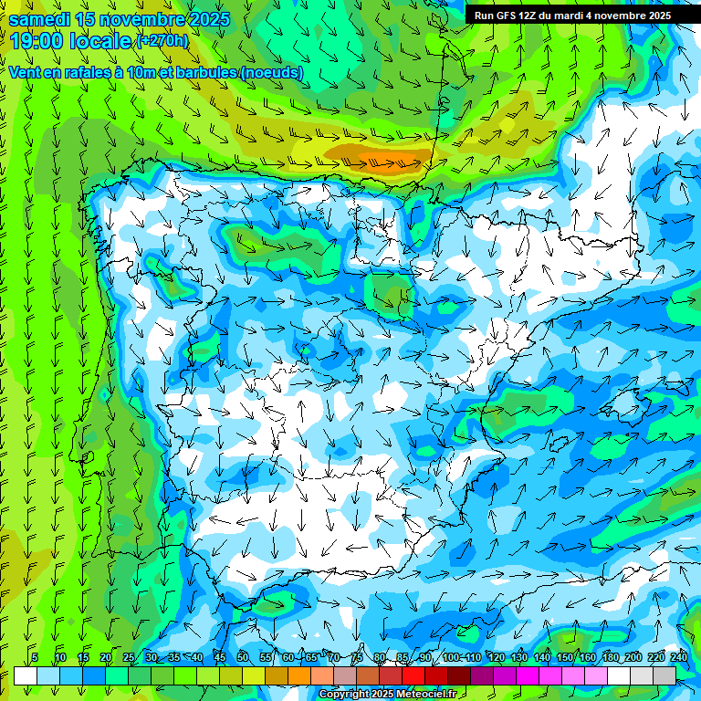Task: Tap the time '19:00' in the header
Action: tap(40, 41)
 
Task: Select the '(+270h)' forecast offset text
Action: tap(162, 40)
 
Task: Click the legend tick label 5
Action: tap(35, 657)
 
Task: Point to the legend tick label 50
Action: tap(243, 657)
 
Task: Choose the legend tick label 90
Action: tap(425, 657)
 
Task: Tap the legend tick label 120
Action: tap(496, 657)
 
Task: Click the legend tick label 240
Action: tap(678, 657)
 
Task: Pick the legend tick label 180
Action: tap(610, 657)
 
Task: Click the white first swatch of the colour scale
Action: tap(26, 675)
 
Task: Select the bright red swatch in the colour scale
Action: tap(413, 675)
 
